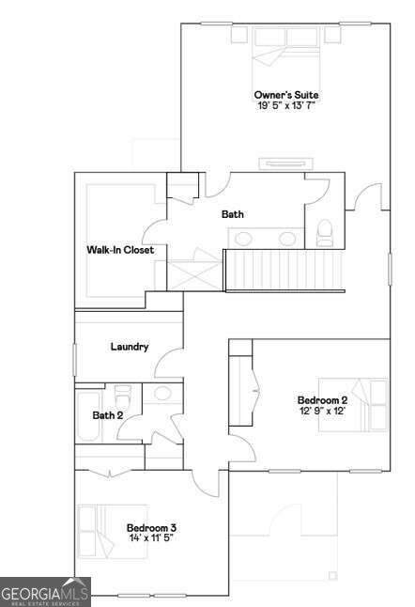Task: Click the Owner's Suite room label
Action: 286,95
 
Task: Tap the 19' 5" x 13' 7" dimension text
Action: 286,105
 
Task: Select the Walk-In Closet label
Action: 120,250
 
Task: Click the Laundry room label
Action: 130,347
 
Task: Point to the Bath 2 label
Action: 108,415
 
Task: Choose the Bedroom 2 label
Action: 323,400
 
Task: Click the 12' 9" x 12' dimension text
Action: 323,411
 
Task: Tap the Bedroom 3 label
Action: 151,528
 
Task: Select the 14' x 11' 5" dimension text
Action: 151,537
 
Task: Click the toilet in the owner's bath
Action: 325,233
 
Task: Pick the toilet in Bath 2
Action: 123,395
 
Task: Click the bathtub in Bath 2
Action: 88,416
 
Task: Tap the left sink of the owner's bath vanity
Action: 244,239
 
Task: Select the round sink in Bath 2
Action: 162,393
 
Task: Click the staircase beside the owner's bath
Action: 284,271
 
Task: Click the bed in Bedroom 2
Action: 353,405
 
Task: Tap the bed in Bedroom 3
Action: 113,532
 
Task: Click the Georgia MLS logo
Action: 45,592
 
